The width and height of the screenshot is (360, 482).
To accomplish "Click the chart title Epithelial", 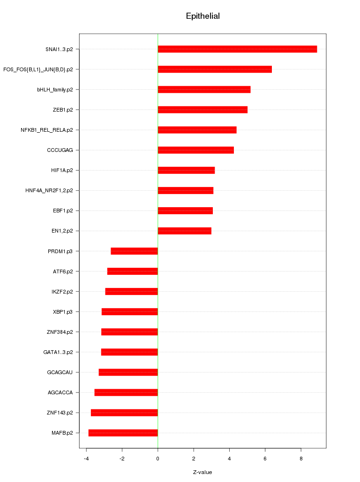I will [x=202, y=16].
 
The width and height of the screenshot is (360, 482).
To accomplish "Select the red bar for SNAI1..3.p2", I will [x=237, y=49].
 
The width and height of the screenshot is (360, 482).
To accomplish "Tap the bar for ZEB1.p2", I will [x=202, y=110].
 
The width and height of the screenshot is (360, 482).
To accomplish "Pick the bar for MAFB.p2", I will [x=123, y=433].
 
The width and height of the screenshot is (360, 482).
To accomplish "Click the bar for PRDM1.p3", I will [x=134, y=251].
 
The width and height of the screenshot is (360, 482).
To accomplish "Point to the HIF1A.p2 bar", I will [x=186, y=170].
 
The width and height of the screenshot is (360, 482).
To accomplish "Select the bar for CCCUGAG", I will [x=195, y=150].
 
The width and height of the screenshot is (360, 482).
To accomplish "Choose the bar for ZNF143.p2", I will [x=124, y=413].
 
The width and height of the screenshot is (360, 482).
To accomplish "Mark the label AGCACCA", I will [x=60, y=392].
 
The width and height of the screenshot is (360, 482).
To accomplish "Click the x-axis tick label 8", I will [x=301, y=458].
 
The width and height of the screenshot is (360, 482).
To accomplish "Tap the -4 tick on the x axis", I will [x=86, y=458].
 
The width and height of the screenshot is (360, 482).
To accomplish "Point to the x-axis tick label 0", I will [x=157, y=458].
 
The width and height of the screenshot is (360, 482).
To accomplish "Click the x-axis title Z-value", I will [x=202, y=472].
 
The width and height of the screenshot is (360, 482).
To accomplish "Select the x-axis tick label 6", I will [x=265, y=458].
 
